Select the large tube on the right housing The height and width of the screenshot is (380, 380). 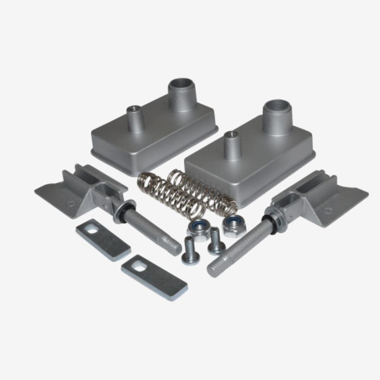(278, 117)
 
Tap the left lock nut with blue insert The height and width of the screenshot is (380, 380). (200, 228)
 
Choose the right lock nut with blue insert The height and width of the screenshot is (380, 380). (233, 225)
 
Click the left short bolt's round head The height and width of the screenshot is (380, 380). (190, 256)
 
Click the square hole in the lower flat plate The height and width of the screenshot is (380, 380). (138, 266)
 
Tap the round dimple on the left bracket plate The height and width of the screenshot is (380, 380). (69, 203)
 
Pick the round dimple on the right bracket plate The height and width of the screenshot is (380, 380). (328, 211)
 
